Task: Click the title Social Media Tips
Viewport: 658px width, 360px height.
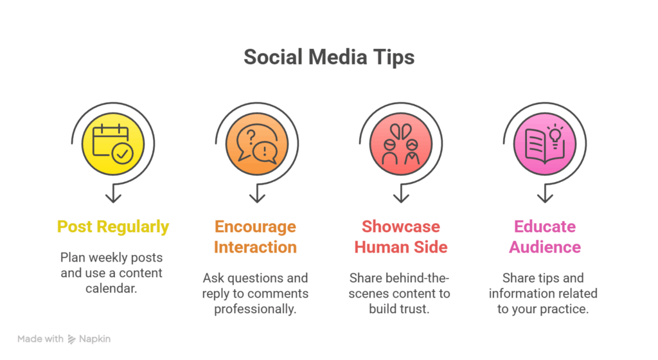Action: click(x=329, y=57)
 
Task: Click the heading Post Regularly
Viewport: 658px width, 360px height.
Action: click(x=113, y=227)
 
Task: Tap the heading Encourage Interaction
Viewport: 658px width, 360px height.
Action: click(x=255, y=237)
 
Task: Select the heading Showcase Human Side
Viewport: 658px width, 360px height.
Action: click(x=400, y=237)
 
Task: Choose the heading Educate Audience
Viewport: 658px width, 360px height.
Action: click(x=545, y=237)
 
